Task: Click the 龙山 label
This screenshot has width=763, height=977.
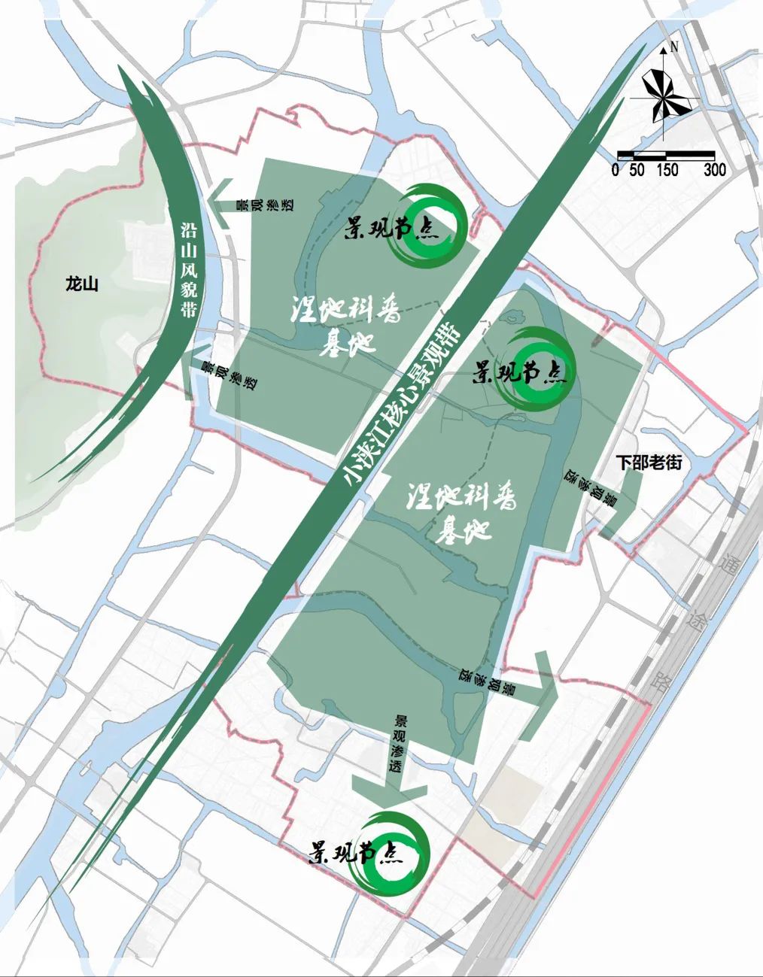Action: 81,284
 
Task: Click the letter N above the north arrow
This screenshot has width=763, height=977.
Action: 674,47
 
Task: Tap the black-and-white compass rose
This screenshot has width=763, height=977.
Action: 663,97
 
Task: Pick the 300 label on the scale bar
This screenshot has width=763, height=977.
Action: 714,170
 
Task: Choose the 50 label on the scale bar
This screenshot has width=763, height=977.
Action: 637,170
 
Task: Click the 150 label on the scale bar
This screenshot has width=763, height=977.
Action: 667,170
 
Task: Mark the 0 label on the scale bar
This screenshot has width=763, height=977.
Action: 616,170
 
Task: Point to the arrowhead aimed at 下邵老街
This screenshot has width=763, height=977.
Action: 621,515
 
